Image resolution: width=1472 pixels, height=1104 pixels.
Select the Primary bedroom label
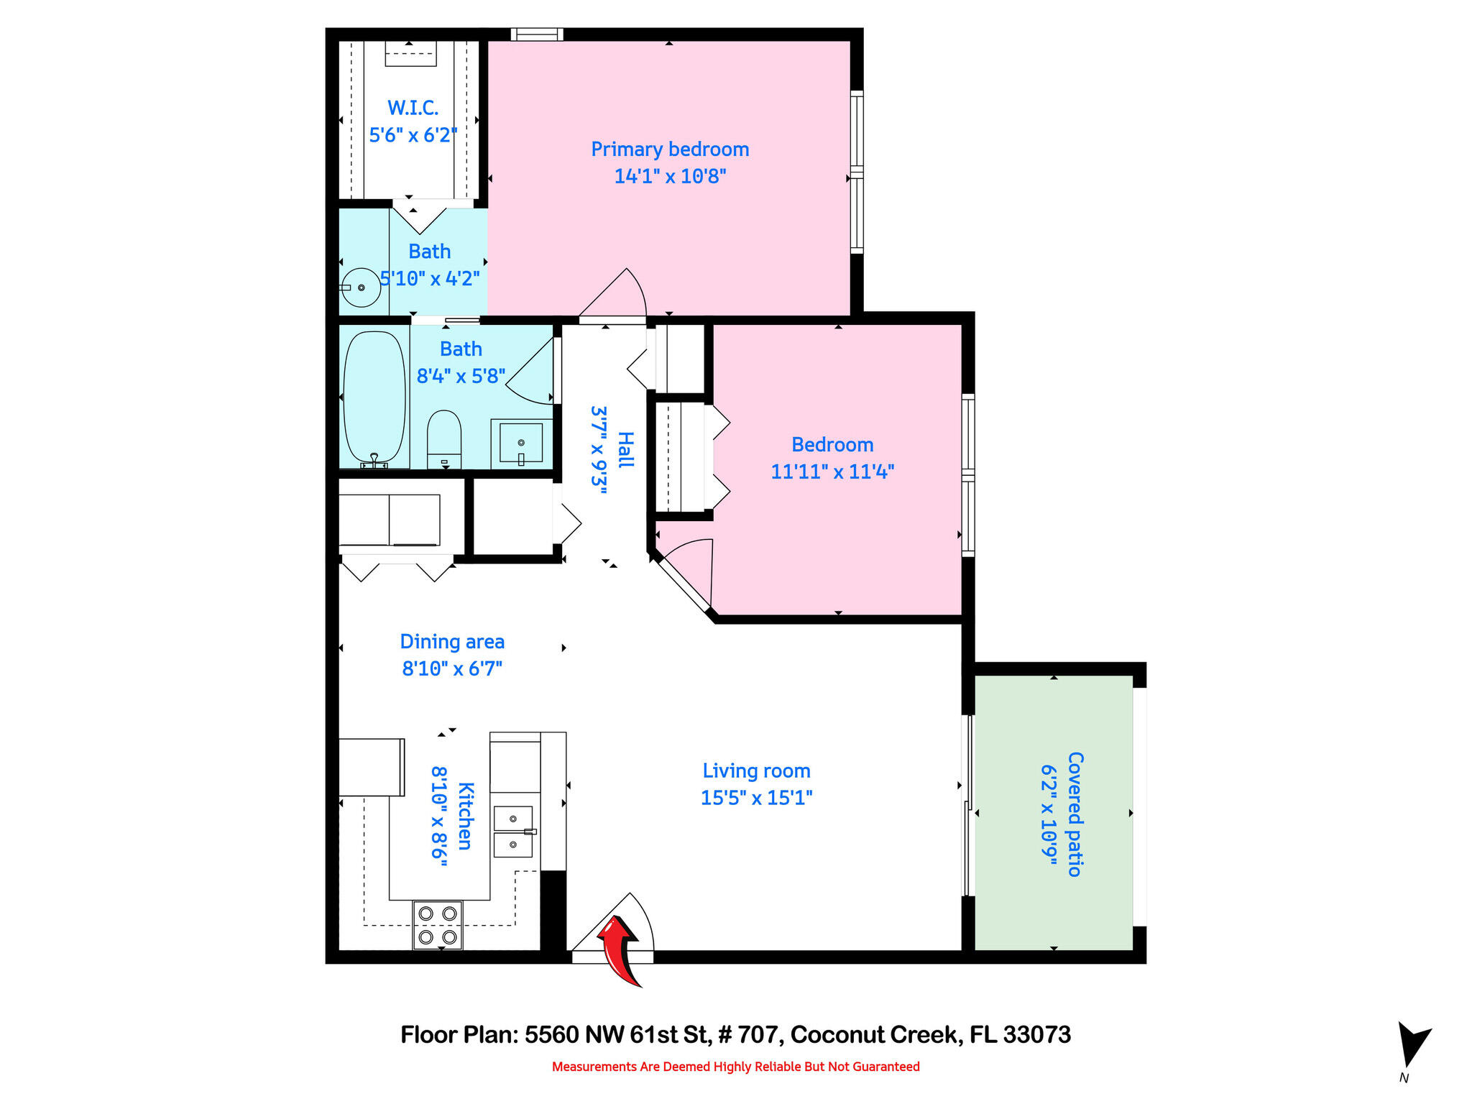click(x=670, y=149)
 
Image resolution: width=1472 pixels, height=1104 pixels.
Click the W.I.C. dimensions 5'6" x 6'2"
click(x=413, y=135)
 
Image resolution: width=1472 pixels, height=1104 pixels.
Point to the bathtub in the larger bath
click(x=374, y=397)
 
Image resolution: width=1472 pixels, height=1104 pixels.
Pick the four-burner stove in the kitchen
click(x=438, y=925)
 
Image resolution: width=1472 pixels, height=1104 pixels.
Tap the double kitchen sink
click(x=513, y=832)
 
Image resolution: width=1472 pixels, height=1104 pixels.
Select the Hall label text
click(x=626, y=450)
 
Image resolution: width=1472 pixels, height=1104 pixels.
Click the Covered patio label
click(x=1075, y=814)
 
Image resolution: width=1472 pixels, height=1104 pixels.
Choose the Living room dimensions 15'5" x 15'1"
click(x=756, y=798)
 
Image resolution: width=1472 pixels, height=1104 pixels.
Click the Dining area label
click(x=452, y=642)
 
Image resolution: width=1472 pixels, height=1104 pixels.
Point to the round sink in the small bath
click(x=361, y=287)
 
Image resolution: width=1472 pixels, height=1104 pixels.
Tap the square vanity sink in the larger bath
click(x=521, y=443)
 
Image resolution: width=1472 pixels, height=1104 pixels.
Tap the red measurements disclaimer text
click(x=735, y=1067)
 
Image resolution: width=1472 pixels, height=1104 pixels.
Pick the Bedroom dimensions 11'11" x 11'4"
click(x=832, y=472)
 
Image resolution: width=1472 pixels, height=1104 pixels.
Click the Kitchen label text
click(x=465, y=816)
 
